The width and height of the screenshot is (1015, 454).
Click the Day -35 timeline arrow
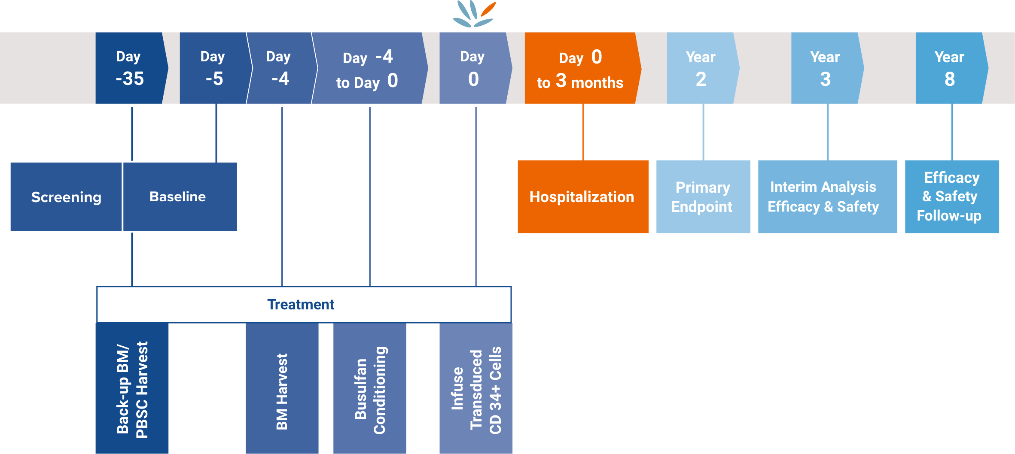(130, 68)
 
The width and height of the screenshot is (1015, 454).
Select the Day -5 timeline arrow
(214, 68)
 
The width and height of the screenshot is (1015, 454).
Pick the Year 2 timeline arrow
(701, 68)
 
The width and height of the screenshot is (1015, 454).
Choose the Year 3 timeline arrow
(826, 68)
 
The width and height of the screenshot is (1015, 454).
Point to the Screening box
(66, 197)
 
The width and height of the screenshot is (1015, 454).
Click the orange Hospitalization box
(582, 197)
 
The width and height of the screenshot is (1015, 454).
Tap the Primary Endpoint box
(703, 197)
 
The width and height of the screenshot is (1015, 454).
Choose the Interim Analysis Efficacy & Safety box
(827, 197)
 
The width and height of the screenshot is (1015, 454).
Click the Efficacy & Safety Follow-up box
(951, 197)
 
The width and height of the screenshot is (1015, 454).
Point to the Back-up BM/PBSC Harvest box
(132, 388)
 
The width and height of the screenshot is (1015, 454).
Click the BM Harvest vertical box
(282, 388)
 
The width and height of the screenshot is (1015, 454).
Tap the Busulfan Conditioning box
(370, 388)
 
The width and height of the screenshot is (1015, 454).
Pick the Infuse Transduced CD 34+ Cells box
(476, 388)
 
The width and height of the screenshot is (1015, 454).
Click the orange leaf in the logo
(488, 9)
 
